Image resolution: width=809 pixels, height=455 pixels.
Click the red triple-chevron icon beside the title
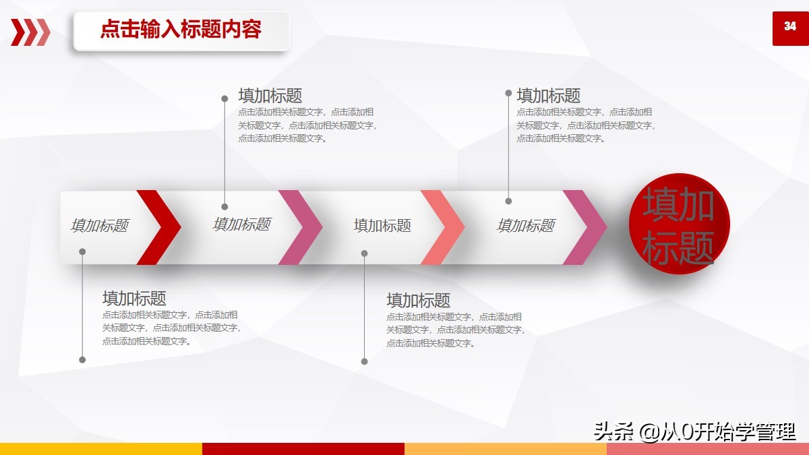click(x=30, y=32)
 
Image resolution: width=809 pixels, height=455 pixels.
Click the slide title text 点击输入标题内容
click(x=181, y=30)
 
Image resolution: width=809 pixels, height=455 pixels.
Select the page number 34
click(x=790, y=27)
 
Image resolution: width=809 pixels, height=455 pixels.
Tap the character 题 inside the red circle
click(x=696, y=248)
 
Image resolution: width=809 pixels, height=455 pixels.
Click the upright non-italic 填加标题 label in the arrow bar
click(x=382, y=226)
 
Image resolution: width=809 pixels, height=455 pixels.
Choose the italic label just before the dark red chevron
click(x=100, y=226)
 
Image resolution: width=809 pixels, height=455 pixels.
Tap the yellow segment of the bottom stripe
click(x=101, y=449)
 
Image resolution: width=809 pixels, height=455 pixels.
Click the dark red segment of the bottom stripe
click(x=303, y=449)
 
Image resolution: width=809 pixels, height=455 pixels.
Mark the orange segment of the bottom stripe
click(x=506, y=449)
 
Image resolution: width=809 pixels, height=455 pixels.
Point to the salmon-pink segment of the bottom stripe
click(x=708, y=449)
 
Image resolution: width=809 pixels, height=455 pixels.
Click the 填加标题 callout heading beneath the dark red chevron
click(x=134, y=298)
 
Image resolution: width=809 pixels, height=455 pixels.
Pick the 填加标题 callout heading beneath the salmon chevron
click(x=418, y=301)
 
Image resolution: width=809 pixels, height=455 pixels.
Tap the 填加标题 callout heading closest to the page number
click(x=548, y=96)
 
